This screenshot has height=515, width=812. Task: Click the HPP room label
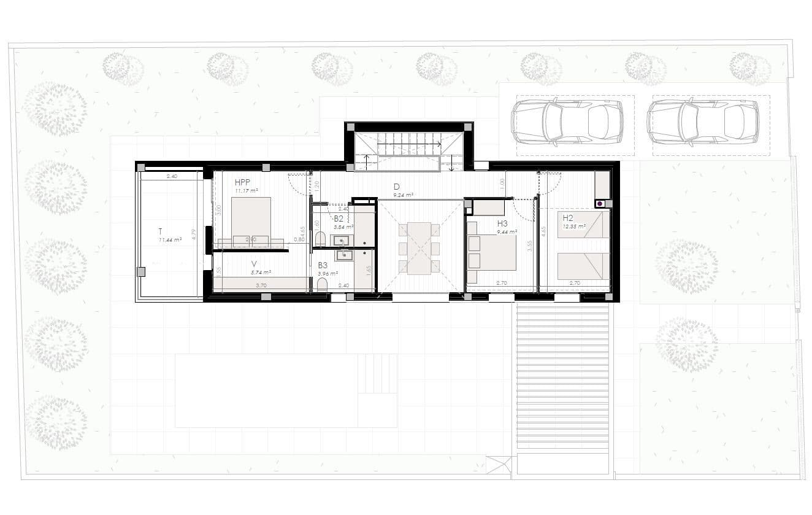[243, 182]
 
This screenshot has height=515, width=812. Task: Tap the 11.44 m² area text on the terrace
[170, 240]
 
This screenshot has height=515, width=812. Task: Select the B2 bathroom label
[339, 218]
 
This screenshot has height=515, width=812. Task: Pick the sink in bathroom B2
[342, 239]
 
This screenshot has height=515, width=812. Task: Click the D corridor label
[397, 187]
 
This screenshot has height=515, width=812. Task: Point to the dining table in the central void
[419, 248]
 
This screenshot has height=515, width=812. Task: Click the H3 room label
[502, 223]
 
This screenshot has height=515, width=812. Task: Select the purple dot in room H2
[599, 203]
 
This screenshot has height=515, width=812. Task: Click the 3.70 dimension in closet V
[261, 285]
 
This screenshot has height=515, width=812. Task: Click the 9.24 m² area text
[403, 195]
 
